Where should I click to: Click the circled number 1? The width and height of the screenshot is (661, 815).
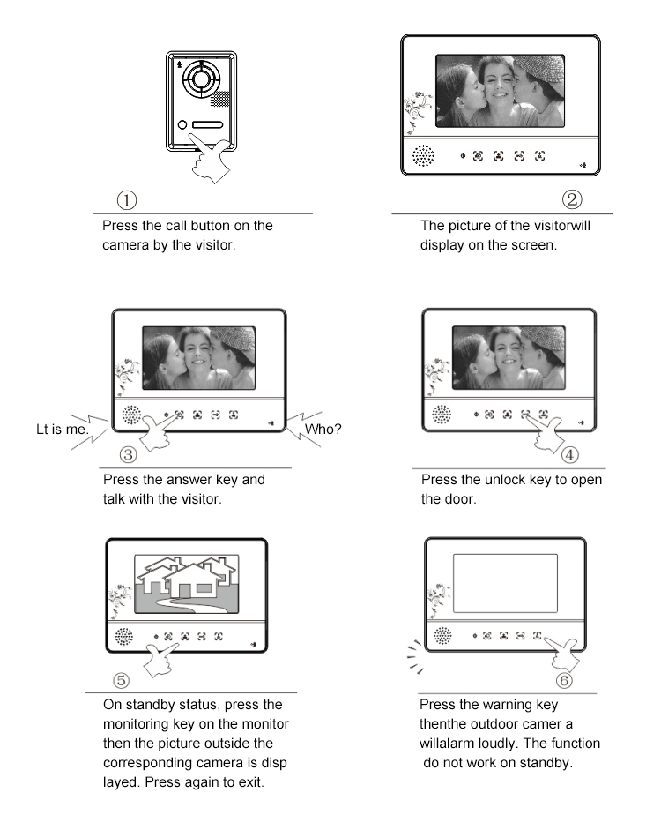(x=127, y=200)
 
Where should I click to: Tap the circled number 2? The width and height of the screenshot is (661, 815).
(x=572, y=199)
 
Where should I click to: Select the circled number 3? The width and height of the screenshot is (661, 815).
(x=129, y=455)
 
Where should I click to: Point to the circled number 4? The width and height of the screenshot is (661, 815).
(x=570, y=455)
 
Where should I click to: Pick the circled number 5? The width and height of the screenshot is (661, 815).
(x=121, y=680)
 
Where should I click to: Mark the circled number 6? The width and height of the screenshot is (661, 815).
(x=564, y=680)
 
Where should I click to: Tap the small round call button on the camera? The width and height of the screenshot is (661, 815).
(x=182, y=124)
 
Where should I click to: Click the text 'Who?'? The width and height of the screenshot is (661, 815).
(x=323, y=430)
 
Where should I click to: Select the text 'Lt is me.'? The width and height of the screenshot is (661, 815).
(x=63, y=430)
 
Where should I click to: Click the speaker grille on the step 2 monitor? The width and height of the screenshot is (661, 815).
(x=423, y=155)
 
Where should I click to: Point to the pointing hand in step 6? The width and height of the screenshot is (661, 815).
(x=561, y=653)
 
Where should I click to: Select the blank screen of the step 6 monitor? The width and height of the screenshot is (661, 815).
(x=505, y=583)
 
